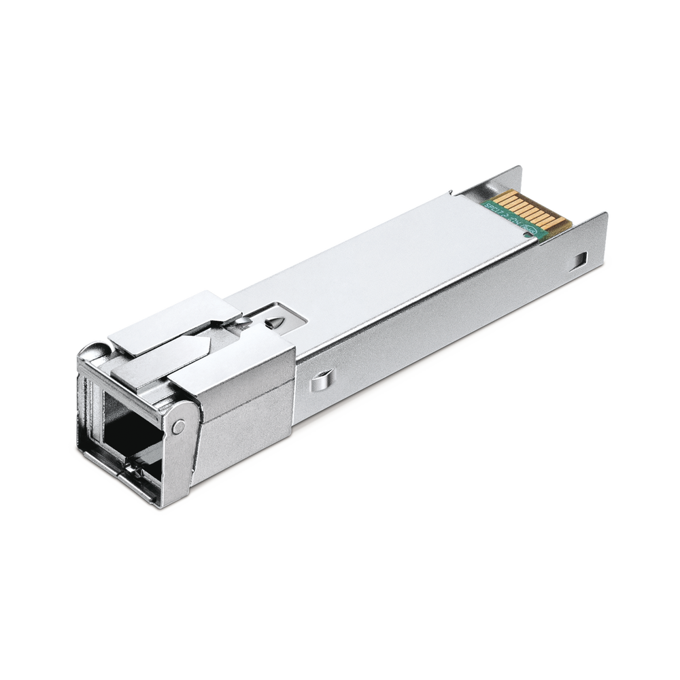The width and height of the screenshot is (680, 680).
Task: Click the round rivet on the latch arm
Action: [x=179, y=426]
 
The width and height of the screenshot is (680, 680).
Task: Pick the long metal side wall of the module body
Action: [x=442, y=320]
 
